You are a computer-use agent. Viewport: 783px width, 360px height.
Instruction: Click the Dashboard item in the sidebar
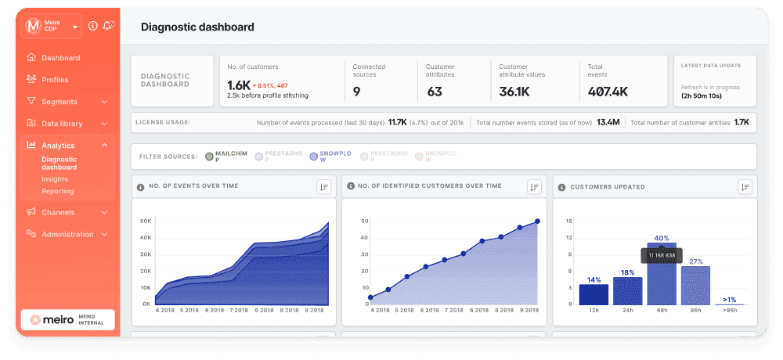[60, 58]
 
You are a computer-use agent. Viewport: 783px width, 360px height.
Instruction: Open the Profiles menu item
[55, 80]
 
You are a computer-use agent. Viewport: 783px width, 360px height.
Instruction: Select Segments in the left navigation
[59, 102]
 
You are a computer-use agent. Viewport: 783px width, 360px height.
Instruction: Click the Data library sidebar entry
[62, 124]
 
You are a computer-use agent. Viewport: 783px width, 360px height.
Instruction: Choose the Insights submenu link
[55, 179]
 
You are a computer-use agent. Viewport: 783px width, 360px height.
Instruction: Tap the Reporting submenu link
[58, 191]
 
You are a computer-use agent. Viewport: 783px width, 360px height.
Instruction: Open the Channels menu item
[58, 212]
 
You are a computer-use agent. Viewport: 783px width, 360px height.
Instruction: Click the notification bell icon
[109, 26]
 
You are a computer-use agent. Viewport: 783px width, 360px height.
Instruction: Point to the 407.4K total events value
[608, 92]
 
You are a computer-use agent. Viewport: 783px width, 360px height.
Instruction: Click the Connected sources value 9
[356, 92]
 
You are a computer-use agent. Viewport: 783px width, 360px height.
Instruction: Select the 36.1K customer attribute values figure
[514, 92]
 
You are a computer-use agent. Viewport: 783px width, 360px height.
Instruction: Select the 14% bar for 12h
[594, 294]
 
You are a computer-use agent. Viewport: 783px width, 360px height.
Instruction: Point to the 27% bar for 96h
[695, 286]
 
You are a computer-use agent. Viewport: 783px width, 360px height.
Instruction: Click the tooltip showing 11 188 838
[662, 255]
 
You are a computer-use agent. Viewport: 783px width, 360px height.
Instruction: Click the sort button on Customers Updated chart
[744, 186]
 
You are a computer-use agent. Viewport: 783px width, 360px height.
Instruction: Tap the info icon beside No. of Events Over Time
[141, 186]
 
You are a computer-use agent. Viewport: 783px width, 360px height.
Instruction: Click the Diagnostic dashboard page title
[197, 27]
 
